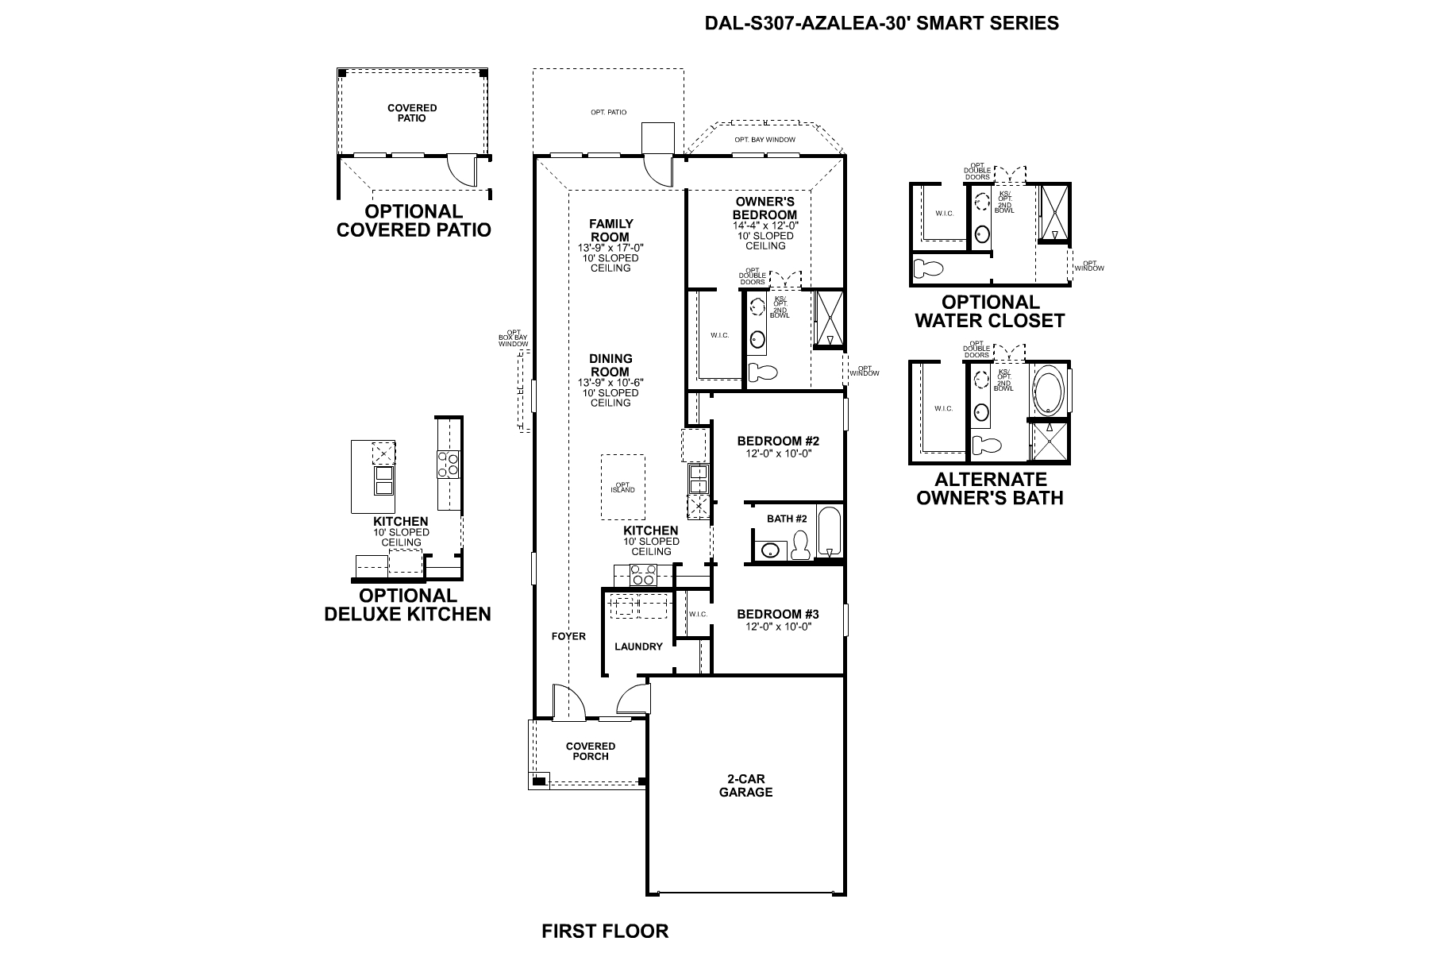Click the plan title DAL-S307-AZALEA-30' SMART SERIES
pyautogui.click(x=881, y=23)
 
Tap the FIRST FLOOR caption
pyautogui.click(x=605, y=931)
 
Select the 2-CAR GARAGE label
pyautogui.click(x=745, y=785)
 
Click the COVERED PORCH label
pyautogui.click(x=590, y=751)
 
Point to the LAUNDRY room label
pyautogui.click(x=637, y=646)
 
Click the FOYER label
pyautogui.click(x=568, y=636)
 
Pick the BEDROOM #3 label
pyautogui.click(x=777, y=614)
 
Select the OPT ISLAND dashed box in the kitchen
pyautogui.click(x=622, y=488)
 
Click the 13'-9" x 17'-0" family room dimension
pyautogui.click(x=610, y=248)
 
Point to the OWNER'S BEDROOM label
pyautogui.click(x=765, y=208)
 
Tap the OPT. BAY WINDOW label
pyautogui.click(x=764, y=140)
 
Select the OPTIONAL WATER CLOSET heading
pyautogui.click(x=989, y=311)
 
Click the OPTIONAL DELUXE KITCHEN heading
pyautogui.click(x=407, y=604)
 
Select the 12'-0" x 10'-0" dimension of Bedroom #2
pyautogui.click(x=777, y=453)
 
